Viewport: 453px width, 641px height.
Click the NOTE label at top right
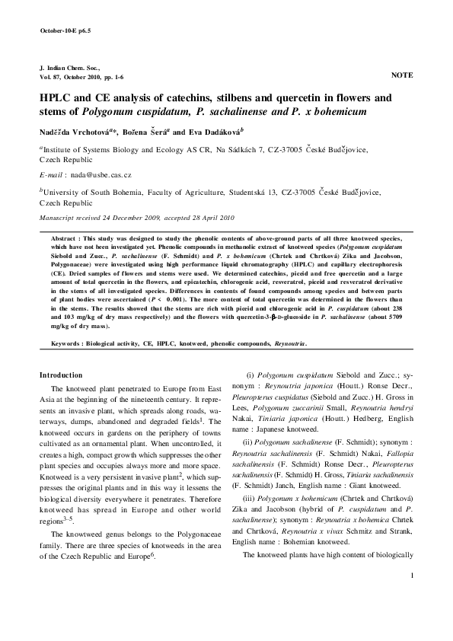pyautogui.click(x=401, y=76)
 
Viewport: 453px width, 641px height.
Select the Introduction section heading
pyautogui.click(x=60, y=375)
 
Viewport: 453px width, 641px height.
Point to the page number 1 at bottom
pyautogui.click(x=410, y=617)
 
